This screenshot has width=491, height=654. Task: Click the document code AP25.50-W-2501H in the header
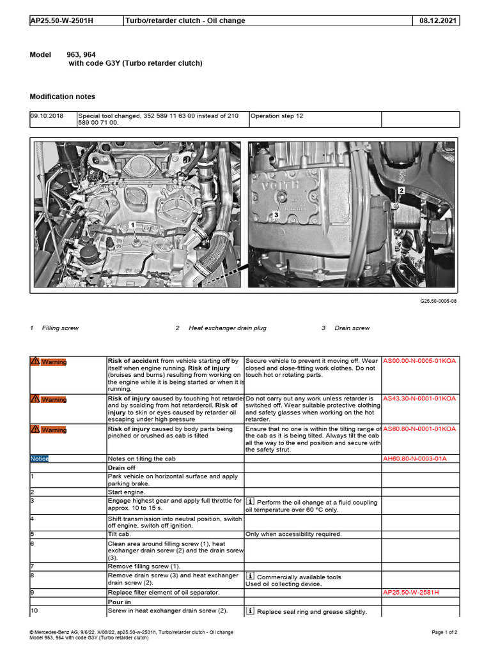[61, 21]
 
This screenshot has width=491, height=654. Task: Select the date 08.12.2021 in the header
[438, 21]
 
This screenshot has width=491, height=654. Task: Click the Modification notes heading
[63, 97]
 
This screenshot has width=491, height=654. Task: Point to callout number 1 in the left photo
[132, 225]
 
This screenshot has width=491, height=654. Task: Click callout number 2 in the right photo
[401, 190]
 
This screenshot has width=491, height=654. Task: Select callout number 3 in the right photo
[276, 215]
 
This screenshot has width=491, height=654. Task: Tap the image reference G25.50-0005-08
[437, 300]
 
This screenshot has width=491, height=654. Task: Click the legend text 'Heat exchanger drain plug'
[227, 328]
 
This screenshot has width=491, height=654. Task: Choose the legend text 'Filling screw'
[60, 328]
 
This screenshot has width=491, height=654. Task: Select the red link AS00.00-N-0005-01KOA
[419, 361]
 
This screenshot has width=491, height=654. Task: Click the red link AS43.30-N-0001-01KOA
[419, 399]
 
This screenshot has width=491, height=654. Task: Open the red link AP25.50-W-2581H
[410, 593]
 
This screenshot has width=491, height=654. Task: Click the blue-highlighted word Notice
[39, 459]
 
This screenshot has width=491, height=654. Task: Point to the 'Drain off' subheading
[121, 468]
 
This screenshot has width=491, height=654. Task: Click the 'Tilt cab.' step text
[121, 534]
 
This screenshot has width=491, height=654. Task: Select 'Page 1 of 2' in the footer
[444, 632]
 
